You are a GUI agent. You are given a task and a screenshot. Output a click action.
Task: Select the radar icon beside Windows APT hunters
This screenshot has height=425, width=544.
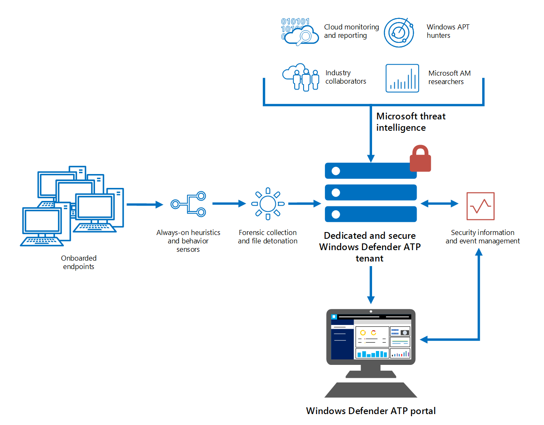(399, 32)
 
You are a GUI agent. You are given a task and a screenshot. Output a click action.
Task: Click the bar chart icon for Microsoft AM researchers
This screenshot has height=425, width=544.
(402, 78)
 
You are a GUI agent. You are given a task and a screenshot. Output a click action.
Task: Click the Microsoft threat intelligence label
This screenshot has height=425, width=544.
(410, 122)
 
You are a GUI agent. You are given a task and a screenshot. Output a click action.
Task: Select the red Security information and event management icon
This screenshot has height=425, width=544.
(480, 206)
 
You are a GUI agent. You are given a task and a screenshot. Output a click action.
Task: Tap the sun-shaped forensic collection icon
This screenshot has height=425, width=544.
(268, 204)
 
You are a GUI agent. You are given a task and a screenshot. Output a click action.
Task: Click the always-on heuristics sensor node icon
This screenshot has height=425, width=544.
(188, 204)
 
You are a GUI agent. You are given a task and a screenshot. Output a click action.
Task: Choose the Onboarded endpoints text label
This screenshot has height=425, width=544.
(79, 262)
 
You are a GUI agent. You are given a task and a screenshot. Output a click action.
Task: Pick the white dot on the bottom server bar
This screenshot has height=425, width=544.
(336, 214)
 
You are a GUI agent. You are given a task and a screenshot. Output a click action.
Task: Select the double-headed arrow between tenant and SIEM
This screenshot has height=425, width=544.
(439, 204)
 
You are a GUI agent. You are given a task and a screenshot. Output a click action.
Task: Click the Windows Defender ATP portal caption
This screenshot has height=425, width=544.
(371, 411)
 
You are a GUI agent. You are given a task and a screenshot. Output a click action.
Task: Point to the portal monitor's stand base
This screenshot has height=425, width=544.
(371, 390)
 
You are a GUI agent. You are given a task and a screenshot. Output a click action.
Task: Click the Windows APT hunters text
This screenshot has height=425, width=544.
(448, 31)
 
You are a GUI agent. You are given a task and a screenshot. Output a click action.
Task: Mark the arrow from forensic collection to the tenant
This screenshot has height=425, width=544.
(304, 204)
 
